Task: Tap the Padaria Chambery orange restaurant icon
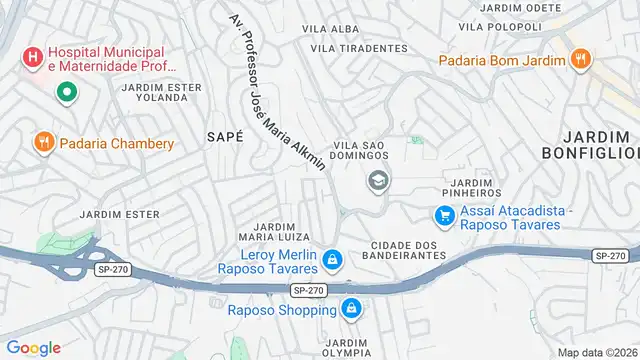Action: (x=42, y=143)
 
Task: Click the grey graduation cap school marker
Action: (x=378, y=180)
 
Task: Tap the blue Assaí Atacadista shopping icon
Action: (x=444, y=215)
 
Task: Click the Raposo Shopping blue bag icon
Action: (x=350, y=310)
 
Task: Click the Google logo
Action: (x=33, y=347)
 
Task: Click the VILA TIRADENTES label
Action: (x=359, y=48)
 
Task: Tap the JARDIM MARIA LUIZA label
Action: (x=275, y=231)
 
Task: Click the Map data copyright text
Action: (x=596, y=352)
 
